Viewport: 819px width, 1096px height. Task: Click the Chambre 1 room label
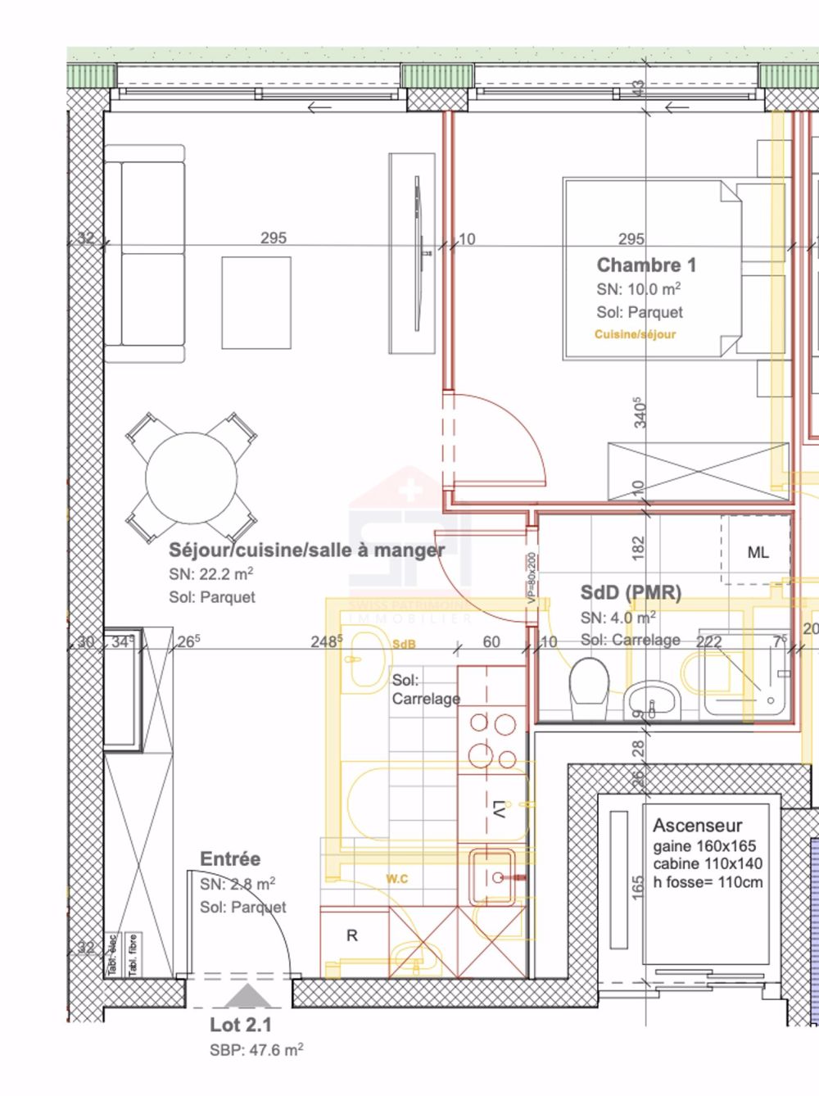click(646, 265)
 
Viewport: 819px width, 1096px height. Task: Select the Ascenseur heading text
click(697, 826)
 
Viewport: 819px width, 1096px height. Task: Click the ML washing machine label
click(758, 553)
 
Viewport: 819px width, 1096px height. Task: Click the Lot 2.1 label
click(240, 1025)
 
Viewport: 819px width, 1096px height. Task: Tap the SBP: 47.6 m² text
click(256, 1050)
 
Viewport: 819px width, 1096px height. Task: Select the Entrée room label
click(230, 859)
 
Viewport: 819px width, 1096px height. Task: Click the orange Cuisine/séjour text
click(635, 334)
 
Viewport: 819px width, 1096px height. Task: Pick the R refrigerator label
click(352, 935)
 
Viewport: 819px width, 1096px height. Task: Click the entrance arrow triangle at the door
click(242, 997)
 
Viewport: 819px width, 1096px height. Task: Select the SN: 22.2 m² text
click(211, 573)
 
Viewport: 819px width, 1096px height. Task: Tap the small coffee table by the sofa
click(256, 302)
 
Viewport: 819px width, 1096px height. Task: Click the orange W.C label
click(397, 879)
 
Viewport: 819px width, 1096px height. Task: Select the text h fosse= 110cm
click(708, 882)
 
